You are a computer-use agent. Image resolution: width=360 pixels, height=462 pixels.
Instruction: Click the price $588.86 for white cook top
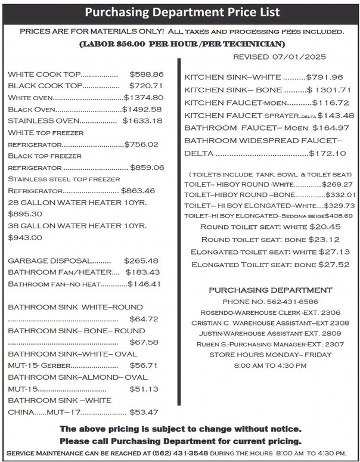146,75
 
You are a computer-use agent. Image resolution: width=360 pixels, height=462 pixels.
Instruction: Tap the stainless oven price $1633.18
142,120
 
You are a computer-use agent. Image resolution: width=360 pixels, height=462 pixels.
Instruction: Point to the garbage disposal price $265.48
141,261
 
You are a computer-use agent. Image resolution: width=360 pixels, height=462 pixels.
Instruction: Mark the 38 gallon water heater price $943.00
25,237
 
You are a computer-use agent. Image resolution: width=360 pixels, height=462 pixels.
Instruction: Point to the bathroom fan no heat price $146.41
145,284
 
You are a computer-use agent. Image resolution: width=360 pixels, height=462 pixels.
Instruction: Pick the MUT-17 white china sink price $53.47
144,412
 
